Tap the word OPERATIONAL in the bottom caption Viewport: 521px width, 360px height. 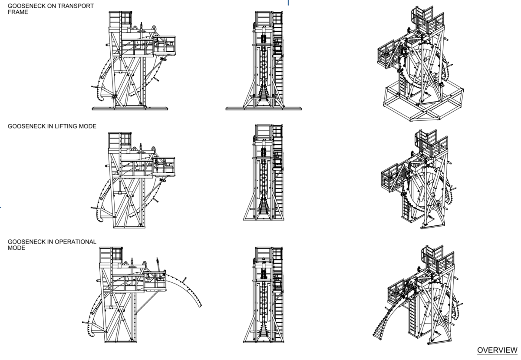click(x=76, y=242)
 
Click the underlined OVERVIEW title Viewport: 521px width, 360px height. click(x=497, y=350)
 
